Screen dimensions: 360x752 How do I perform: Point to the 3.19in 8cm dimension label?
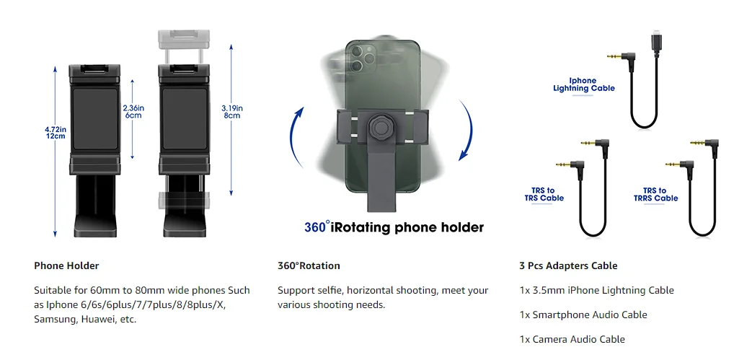pos(231,111)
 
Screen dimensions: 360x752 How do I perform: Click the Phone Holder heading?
pos(66,265)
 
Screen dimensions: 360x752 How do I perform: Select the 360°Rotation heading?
pos(309,265)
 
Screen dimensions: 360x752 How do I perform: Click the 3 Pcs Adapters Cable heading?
pos(568,265)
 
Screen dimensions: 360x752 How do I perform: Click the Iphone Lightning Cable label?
pos(584,84)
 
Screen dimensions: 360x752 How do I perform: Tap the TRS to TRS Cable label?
pos(544,194)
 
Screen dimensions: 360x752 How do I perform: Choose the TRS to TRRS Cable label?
pos(655,194)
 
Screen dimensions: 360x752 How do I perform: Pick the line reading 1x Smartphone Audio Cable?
pos(583,315)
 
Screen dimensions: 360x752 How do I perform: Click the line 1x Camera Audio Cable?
pos(572,339)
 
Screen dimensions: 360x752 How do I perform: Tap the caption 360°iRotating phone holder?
pos(394,227)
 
